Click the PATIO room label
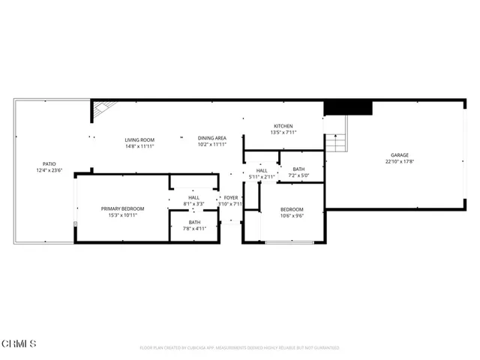49,163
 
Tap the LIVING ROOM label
139,139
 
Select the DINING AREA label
212,138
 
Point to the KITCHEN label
283,126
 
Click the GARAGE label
398,155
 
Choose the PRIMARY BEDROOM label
122,208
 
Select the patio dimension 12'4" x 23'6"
49,170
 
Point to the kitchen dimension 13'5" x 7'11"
283,133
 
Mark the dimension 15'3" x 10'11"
122,215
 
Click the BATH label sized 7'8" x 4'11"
194,222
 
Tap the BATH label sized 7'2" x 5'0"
298,169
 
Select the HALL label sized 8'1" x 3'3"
193,197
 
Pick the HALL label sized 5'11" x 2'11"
262,170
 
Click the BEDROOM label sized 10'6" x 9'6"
292,209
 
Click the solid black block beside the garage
348,108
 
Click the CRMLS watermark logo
19,344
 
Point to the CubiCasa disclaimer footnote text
239,348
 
